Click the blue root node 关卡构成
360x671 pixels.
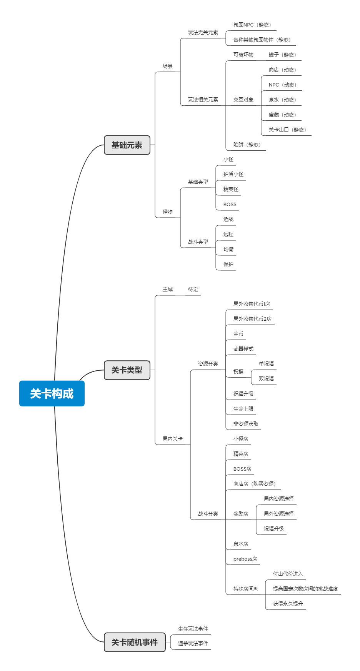[52, 393]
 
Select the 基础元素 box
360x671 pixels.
[127, 145]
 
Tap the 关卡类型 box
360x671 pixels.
[127, 370]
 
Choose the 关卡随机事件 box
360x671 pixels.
[135, 642]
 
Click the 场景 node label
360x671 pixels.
[168, 66]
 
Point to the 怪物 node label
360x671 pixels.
[168, 212]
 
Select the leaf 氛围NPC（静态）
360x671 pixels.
[252, 25]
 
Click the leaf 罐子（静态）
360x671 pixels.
[282, 55]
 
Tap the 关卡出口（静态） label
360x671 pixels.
[287, 130]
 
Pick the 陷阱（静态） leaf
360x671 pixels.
[247, 145]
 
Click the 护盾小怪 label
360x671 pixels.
[233, 174]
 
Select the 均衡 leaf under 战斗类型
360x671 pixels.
[228, 249]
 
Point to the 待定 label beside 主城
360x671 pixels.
[193, 290]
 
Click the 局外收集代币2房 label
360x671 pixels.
[252, 319]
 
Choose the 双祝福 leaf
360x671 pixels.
[266, 379]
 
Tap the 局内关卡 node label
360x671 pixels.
[173, 439]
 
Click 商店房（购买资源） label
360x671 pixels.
[255, 484]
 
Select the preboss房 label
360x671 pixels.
[245, 559]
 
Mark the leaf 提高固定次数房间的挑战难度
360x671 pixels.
[305, 589]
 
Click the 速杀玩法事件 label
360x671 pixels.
[193, 643]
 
